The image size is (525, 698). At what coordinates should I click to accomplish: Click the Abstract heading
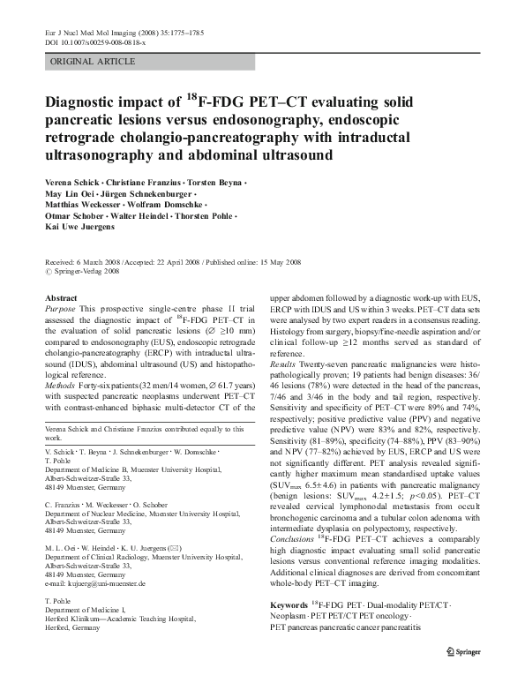pyautogui.click(x=61, y=299)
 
